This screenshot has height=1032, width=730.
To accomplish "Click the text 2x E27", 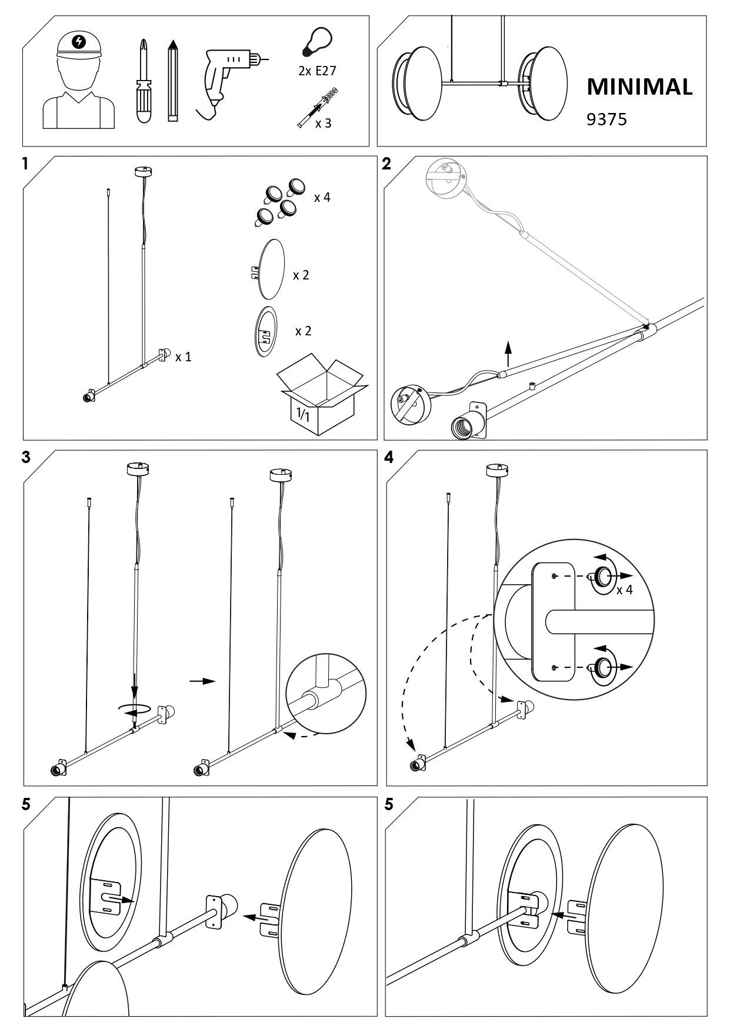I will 317,71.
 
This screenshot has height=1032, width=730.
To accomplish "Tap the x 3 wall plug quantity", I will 323,124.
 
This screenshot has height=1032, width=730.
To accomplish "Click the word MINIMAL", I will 639,87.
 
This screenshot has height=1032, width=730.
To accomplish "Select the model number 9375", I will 607,119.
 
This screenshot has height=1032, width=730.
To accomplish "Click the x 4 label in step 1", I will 322,198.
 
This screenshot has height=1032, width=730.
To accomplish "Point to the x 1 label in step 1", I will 183,357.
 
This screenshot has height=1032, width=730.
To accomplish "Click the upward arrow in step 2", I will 509,355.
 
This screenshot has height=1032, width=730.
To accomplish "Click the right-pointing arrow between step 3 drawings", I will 202,681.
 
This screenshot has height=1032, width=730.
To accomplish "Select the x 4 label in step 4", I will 624,590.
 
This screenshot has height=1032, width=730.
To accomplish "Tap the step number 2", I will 386,164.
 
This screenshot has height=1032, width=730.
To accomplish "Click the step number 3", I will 26,458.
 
